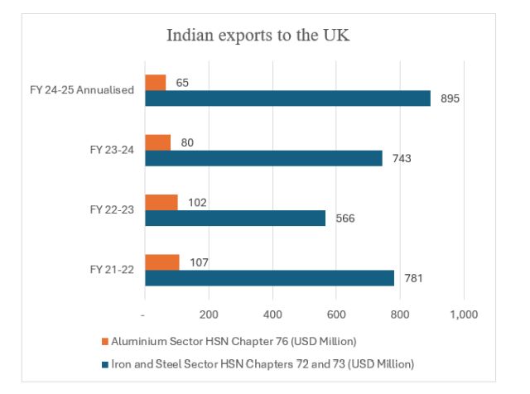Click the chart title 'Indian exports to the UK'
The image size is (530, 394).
(264, 36)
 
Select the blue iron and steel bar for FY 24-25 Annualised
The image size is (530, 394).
(287, 98)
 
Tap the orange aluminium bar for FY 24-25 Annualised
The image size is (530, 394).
(155, 82)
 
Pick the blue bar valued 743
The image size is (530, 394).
(263, 158)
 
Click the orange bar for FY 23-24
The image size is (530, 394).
(157, 142)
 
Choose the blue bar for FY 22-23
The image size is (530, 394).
(235, 218)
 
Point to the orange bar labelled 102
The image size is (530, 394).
(161, 202)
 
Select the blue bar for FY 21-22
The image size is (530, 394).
(269, 277)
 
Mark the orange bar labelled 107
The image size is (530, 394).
(161, 262)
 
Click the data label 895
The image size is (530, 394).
(450, 99)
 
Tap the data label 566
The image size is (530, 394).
(344, 219)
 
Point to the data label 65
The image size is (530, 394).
(183, 82)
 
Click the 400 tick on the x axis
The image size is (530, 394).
(272, 315)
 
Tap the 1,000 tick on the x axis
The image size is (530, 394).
(463, 315)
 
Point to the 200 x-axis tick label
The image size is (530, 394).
(209, 315)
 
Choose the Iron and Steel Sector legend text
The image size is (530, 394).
(263, 363)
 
